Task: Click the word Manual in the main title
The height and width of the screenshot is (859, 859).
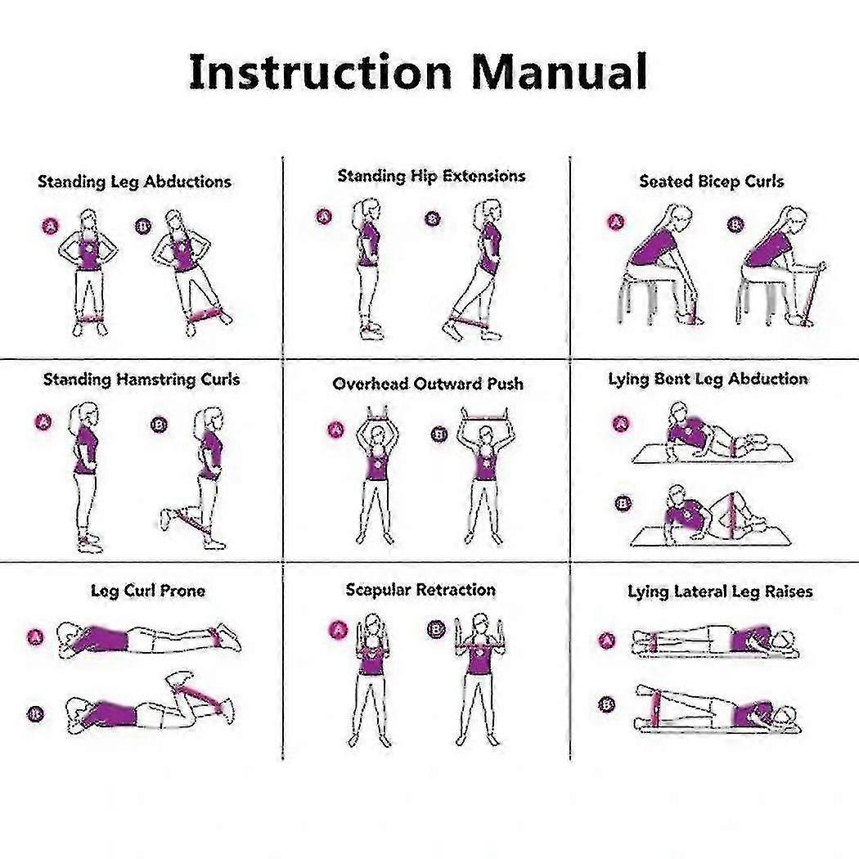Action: [x=560, y=72]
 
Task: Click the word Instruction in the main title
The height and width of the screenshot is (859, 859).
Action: [x=321, y=72]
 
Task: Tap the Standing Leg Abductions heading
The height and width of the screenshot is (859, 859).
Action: [x=135, y=182]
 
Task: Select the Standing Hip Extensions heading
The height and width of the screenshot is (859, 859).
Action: [x=432, y=176]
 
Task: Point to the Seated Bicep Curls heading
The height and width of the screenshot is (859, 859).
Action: [x=712, y=182]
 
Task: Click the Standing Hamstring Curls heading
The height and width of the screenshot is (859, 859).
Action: [x=142, y=380]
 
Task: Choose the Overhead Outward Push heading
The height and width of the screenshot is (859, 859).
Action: [x=428, y=384]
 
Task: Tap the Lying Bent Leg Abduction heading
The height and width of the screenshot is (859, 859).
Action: [x=708, y=379]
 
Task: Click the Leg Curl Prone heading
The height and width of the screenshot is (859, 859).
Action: [x=148, y=591]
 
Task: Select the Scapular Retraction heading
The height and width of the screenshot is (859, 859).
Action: [x=421, y=590]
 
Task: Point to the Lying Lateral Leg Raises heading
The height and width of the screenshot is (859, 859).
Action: [x=720, y=591]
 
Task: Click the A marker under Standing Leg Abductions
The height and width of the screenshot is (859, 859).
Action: [x=51, y=226]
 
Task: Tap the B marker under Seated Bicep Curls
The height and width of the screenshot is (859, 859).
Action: [x=735, y=225]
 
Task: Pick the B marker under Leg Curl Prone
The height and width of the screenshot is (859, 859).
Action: [x=36, y=714]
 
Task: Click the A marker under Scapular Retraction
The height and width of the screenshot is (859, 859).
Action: [x=339, y=629]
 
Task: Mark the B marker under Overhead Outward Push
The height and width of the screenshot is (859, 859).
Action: [x=439, y=434]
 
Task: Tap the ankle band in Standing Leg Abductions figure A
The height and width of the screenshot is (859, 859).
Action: [x=89, y=319]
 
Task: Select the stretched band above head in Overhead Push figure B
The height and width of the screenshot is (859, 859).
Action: [x=485, y=419]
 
